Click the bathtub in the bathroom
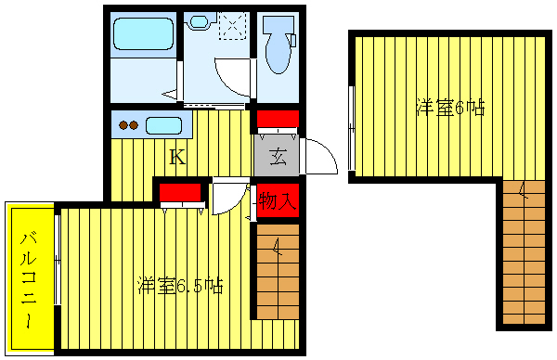tap(143, 36)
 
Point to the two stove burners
tap(129, 125)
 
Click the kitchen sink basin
tap(163, 125)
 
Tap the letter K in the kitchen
tap(176, 158)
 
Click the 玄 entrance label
tap(277, 157)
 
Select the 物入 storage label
tap(277, 199)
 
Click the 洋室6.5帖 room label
tap(180, 285)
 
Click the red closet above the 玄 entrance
tap(277, 120)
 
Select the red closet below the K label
tap(180, 193)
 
